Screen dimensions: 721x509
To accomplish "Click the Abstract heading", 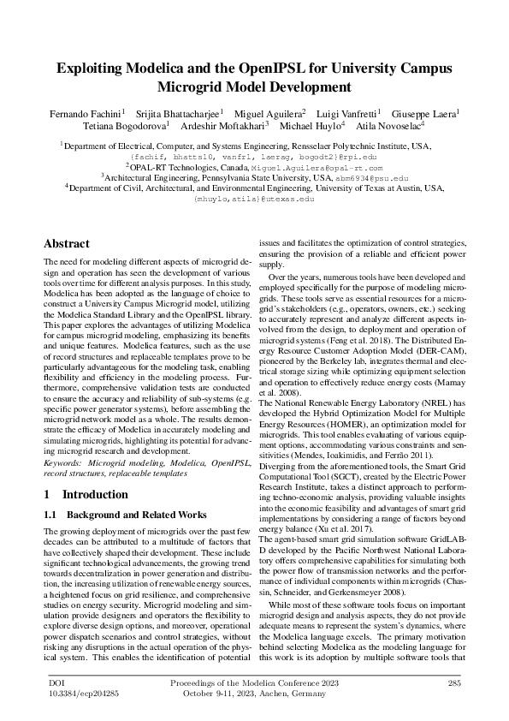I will [67, 243].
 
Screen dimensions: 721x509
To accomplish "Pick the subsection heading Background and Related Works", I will [136, 514].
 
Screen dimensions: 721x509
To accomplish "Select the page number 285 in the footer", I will [454, 682].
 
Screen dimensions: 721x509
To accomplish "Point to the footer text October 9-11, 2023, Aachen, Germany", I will [254, 694].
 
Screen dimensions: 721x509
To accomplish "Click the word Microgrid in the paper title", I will [198, 86].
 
